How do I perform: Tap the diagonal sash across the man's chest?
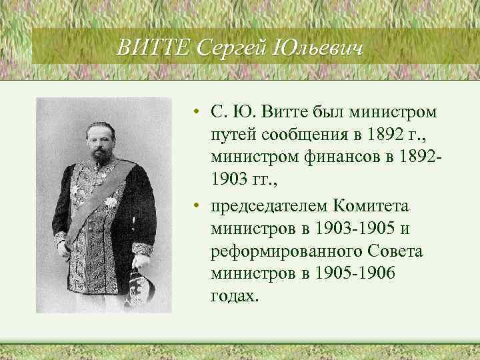93,200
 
